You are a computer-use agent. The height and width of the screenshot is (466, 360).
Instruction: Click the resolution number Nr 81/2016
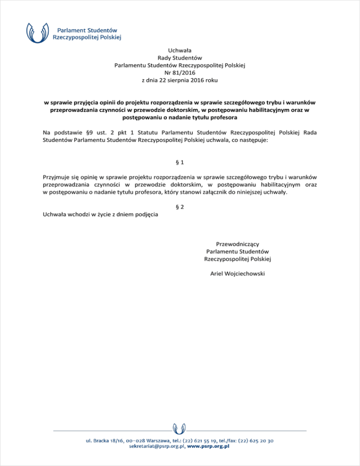click(x=180, y=73)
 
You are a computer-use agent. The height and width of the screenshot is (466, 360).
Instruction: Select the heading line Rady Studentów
click(x=180, y=57)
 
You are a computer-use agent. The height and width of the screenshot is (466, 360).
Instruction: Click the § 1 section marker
click(x=180, y=162)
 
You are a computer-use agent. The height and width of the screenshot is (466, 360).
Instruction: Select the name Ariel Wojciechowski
click(x=238, y=274)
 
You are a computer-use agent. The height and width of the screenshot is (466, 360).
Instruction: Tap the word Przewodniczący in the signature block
click(x=238, y=243)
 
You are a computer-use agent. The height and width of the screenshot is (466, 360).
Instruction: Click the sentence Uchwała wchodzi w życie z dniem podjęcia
click(x=100, y=215)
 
